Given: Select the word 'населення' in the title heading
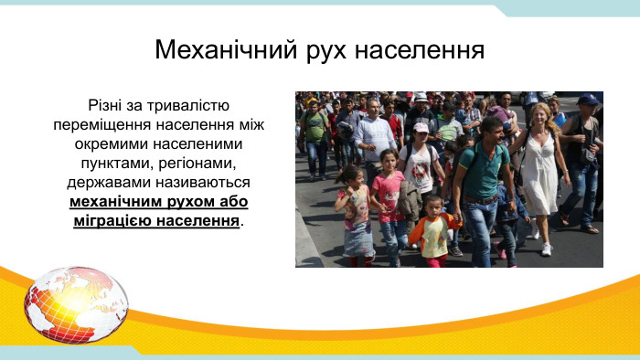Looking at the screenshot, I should [x=421, y=48].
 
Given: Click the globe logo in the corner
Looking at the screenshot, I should [x=76, y=304].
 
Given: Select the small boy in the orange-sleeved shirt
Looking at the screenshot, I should [x=434, y=230].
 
